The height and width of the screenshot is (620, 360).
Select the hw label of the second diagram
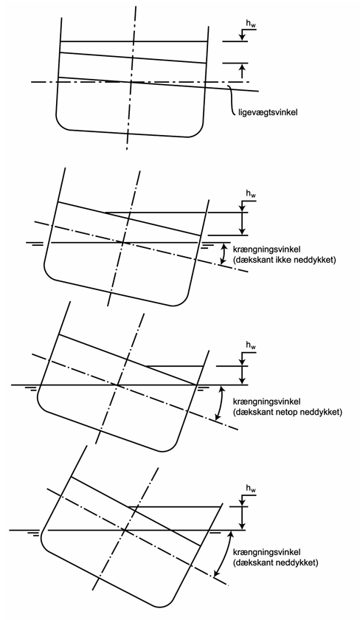pos(251,195)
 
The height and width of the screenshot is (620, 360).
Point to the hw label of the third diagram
pos(251,346)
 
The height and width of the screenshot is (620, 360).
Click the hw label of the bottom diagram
pos(251,489)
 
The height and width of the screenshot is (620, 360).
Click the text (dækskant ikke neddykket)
pos(284,260)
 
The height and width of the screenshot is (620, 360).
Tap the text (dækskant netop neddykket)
pos(287,413)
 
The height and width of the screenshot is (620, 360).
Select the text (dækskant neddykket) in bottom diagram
pos(275,562)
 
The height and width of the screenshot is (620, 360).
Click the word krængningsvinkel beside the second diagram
pos(267,250)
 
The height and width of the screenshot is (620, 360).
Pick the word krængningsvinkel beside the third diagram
pos(267,402)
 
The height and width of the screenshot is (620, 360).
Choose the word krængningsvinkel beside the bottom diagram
pos(267,552)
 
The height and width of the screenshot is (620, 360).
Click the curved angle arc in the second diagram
pos(224,254)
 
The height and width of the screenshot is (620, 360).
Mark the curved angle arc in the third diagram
pos(221,403)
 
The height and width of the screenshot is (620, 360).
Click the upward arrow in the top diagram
pos(243,70)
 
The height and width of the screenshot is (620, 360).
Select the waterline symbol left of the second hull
pos(37,244)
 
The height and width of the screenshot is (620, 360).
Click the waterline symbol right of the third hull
pos(203,387)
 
